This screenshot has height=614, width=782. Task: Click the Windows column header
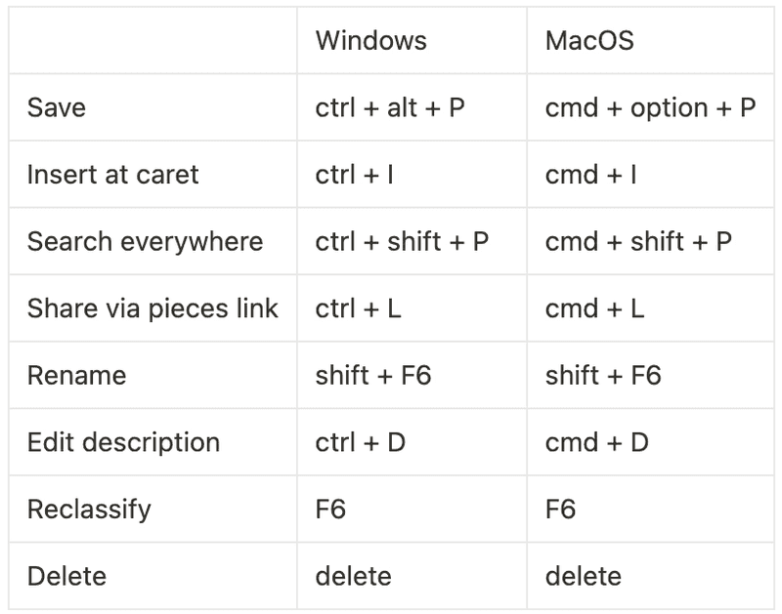(x=370, y=41)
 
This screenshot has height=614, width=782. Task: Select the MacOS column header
(x=589, y=41)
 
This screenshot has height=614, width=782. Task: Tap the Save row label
(x=57, y=107)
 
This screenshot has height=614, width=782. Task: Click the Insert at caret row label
(x=112, y=175)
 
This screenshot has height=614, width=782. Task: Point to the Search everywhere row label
(x=145, y=241)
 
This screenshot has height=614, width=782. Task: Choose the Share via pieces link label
(x=152, y=308)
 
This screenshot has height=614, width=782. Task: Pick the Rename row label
(x=76, y=376)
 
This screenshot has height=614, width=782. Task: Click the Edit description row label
(x=123, y=442)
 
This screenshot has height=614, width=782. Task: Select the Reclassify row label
(x=89, y=510)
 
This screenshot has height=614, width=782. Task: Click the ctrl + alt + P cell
(x=390, y=107)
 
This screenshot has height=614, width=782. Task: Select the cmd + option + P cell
(x=650, y=107)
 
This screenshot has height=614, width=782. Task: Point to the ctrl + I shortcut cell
(x=354, y=175)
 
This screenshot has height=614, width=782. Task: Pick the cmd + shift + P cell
(x=638, y=241)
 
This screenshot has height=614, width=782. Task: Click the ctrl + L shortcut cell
(x=358, y=308)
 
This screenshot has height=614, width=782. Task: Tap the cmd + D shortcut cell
(x=596, y=442)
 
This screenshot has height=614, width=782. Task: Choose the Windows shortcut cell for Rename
(x=372, y=376)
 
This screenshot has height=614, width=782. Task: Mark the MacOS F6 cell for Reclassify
(x=560, y=510)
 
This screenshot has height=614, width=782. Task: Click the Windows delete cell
(x=353, y=576)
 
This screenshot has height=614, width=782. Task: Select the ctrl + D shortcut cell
(x=360, y=442)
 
